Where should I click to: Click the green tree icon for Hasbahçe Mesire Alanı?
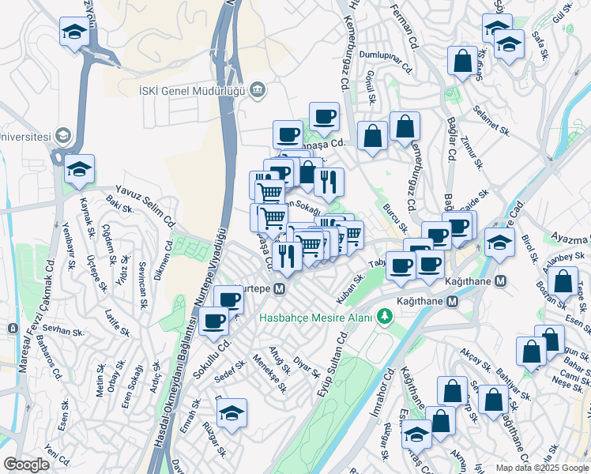coord(384,317)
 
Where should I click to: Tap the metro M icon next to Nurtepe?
coord(280,290)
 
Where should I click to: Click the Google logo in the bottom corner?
coord(26,465)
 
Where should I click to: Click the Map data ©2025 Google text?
coord(542,468)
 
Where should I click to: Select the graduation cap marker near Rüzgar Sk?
coord(232,413)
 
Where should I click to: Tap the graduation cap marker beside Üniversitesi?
coord(79,169)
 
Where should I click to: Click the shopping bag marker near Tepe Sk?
coord(563,281)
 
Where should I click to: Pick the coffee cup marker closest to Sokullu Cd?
coord(214,321)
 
